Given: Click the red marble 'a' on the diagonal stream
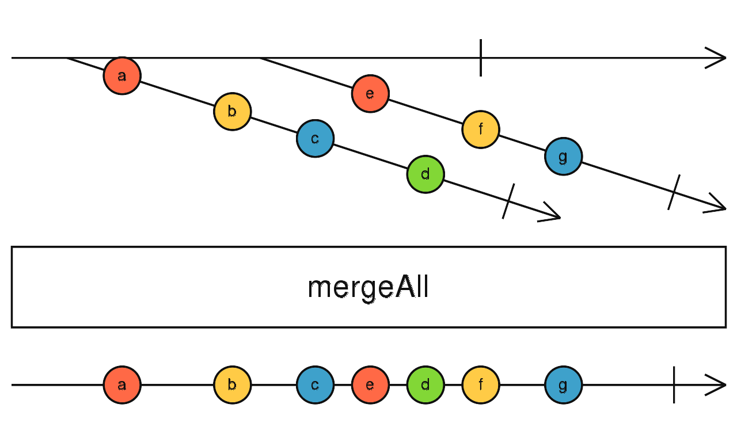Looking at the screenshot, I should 122,75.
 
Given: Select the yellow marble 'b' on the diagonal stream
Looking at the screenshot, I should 232,111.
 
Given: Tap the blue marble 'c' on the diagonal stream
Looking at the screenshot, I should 315,139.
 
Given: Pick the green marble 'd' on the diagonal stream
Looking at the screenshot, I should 425,174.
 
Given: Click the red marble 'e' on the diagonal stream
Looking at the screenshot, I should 370,93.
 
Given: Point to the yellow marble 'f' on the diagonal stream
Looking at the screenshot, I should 480,129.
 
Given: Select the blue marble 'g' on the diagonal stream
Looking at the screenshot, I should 563,157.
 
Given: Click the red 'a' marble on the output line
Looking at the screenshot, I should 122,385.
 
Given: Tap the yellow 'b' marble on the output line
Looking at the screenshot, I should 232,385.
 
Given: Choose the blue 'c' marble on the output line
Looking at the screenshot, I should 315,385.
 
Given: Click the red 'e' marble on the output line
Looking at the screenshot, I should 370,385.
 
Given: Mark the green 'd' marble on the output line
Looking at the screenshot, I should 425,385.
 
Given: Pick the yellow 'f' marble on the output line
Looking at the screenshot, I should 480,385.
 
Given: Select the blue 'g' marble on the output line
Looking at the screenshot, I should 563,385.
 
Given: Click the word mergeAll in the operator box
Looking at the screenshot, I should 368,287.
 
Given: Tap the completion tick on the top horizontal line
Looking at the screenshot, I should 481,58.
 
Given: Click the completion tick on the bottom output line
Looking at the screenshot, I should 674,385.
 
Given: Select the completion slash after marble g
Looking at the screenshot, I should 674,192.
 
